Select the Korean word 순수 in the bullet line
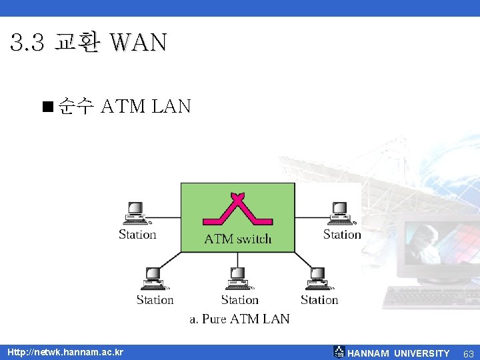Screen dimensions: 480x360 tap(75, 106)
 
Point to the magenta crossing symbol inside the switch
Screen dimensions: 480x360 tap(237, 209)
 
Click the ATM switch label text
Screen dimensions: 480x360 tap(237, 239)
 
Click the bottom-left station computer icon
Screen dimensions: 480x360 tap(154, 279)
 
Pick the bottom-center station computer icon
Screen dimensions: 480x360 tap(239, 279)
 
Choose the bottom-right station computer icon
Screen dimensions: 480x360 tap(318, 279)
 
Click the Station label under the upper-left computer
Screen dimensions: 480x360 tap(137, 234)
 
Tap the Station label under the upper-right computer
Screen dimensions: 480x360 tap(342, 234)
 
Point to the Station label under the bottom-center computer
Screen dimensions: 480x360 tap(239, 300)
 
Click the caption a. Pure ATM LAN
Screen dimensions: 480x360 tap(239, 319)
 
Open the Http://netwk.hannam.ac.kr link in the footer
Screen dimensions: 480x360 tap(65, 352)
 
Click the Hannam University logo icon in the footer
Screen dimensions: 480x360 tap(339, 352)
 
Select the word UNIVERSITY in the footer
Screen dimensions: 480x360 tap(421, 353)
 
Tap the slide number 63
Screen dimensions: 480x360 tap(468, 353)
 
